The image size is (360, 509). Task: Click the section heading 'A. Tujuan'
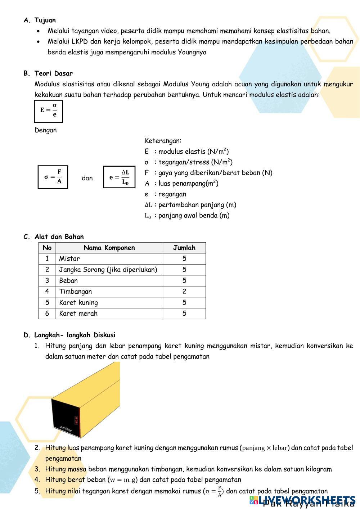(40, 21)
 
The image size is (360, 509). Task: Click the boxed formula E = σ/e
(49, 110)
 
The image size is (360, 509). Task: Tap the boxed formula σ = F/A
(53, 177)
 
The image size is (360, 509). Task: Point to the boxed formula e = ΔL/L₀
(119, 177)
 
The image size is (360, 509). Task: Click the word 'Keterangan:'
(163, 141)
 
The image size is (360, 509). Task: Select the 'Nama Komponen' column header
(109, 248)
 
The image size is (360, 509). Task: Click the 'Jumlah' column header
(184, 248)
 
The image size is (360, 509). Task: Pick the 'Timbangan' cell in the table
(76, 292)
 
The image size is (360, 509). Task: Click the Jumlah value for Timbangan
(184, 292)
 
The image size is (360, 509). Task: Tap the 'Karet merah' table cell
(78, 314)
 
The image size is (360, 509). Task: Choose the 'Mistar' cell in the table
(69, 259)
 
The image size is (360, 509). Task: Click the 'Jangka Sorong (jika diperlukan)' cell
(108, 270)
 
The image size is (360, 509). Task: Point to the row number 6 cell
(47, 314)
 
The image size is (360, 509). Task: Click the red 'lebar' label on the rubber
(76, 419)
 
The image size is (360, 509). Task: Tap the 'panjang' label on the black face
(66, 429)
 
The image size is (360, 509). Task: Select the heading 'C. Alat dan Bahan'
(54, 237)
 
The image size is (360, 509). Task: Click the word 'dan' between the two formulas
(87, 178)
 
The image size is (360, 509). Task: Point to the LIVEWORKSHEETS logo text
(302, 500)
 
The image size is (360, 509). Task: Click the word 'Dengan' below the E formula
(45, 130)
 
